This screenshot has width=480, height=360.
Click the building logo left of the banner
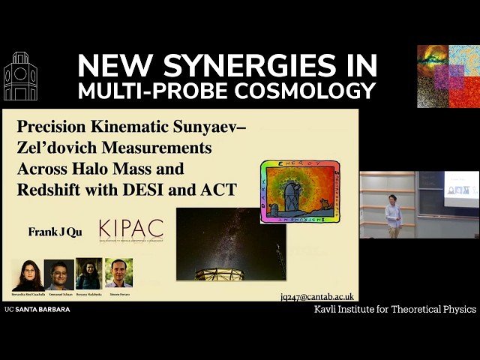point(20,76)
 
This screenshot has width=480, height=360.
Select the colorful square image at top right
point(448,76)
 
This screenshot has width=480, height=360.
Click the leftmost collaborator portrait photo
point(27,274)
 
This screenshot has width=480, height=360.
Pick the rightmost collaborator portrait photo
point(118,274)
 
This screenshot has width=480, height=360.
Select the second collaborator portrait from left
point(58,274)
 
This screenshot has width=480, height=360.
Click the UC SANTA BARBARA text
point(37,309)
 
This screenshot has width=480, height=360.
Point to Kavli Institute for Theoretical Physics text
point(394,309)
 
